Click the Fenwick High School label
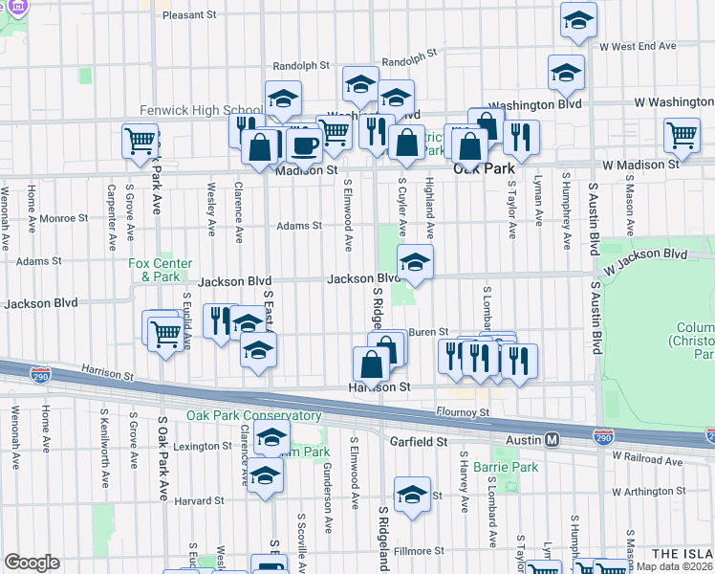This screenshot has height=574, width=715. (x=201, y=110)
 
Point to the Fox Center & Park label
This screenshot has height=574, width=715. (x=161, y=270)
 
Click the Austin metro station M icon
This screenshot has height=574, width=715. (x=552, y=440)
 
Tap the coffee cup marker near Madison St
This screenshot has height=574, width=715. (x=305, y=145)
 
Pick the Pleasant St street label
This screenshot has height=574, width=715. (x=190, y=15)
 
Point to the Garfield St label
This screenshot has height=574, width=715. (x=419, y=442)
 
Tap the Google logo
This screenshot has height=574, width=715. (x=32, y=563)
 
